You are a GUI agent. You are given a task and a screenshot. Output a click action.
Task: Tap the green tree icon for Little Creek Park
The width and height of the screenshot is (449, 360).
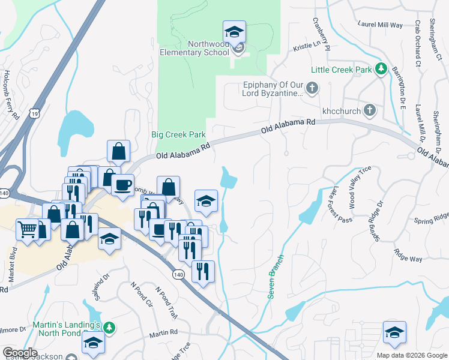coord(381,70)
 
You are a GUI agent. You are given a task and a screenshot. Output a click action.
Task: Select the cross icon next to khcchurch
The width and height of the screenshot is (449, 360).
coord(370,110)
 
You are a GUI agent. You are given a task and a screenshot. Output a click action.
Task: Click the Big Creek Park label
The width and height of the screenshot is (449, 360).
coord(178,134)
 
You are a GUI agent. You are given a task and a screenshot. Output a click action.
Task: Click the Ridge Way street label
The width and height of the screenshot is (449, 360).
coord(408,255)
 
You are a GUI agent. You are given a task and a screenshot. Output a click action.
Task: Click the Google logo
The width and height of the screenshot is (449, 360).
coord(20,353)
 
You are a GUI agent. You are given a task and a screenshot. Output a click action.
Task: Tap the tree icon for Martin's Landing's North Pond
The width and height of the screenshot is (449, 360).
coord(109,328)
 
